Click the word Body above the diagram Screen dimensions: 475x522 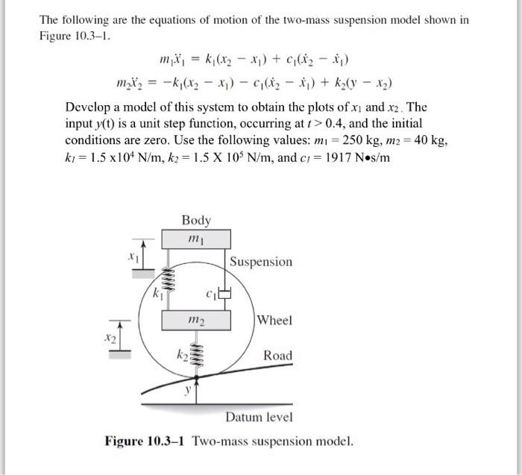tap(196, 220)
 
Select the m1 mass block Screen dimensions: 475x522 tap(196, 239)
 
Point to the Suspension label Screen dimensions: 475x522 tap(261, 262)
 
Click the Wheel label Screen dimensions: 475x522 tap(275, 320)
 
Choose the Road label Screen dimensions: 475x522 tap(278, 356)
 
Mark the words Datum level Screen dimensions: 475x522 tap(259, 416)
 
